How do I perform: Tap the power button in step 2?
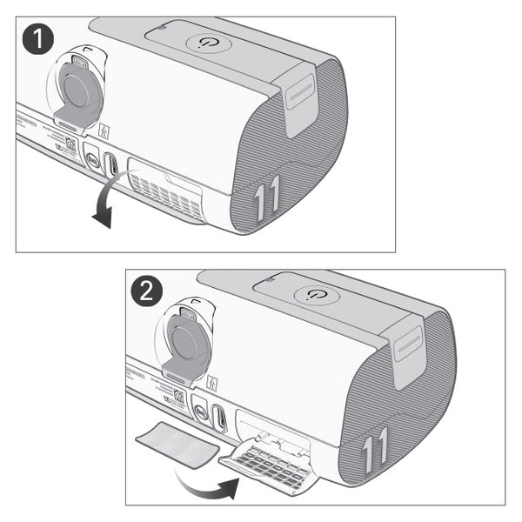(x=311, y=295)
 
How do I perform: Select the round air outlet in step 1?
(x=79, y=88)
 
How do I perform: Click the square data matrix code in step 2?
(x=178, y=396)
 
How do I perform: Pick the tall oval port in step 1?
(x=111, y=164)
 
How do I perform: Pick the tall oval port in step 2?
(x=220, y=418)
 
